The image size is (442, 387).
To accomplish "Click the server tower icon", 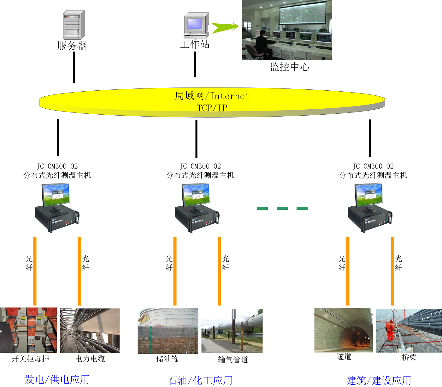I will coord(74,25).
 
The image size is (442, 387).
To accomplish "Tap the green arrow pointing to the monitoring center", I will coord(224,27).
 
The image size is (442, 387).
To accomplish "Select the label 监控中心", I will coord(289,67).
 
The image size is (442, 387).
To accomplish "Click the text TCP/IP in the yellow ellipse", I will coord(212,108).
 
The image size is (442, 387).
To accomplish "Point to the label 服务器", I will coord(72,46).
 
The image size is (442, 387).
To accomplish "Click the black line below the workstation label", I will coord(195,64).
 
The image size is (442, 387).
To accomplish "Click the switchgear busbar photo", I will coord(28,330).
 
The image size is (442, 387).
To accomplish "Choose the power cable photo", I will coord(90,330).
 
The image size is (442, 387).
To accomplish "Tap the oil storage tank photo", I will coord(168,331).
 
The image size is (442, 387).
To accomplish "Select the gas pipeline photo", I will coord(232,331).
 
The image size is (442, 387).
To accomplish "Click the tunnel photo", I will coord(343,330).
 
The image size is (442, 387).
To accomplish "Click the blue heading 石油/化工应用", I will coord(200,380).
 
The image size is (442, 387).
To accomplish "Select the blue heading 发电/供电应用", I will coord(57,379).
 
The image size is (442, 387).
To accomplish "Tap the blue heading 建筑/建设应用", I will coord(379,380).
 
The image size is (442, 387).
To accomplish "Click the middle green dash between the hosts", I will coord(282,208).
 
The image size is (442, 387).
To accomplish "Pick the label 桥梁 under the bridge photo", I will coord(409,357).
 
